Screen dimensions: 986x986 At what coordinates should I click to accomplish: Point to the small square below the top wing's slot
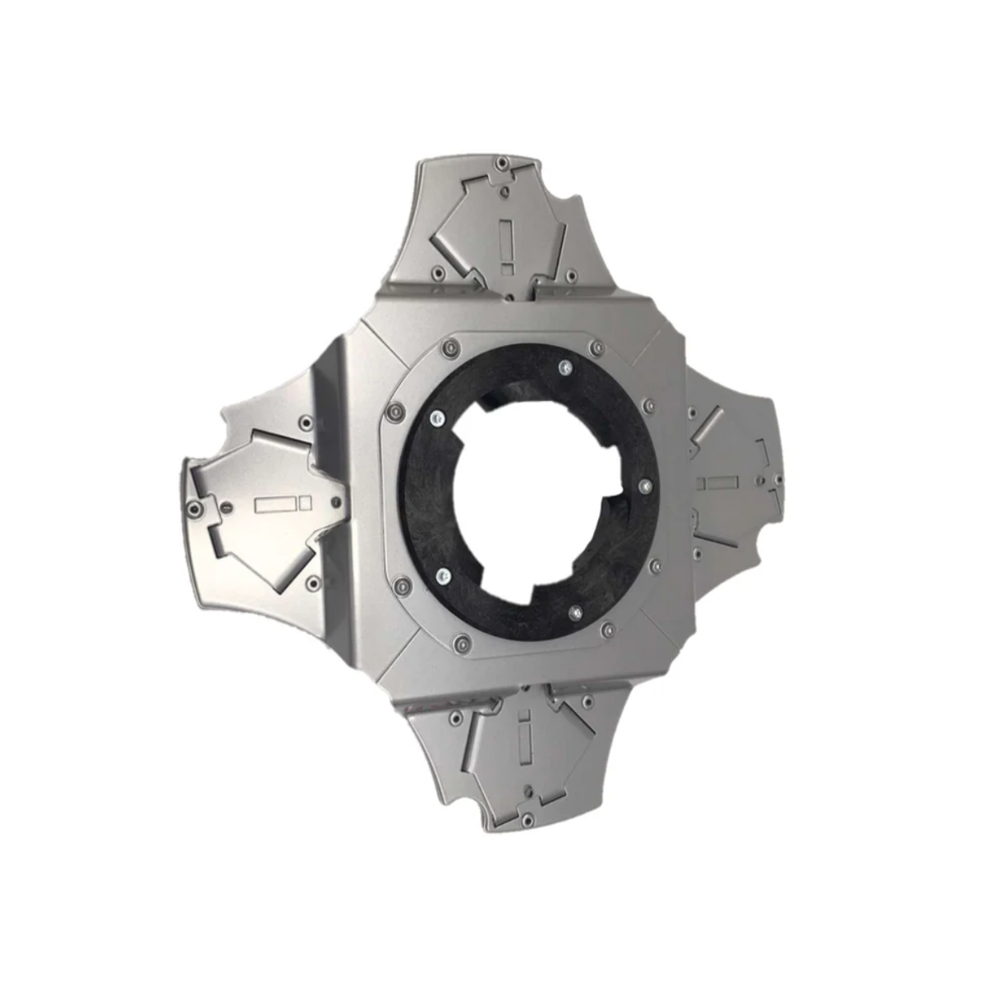point(507,265)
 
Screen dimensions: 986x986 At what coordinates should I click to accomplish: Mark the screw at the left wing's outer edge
point(192,510)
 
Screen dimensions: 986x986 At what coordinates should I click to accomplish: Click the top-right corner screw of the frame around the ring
point(593,348)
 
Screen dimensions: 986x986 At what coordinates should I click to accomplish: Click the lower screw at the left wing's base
point(311,583)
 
